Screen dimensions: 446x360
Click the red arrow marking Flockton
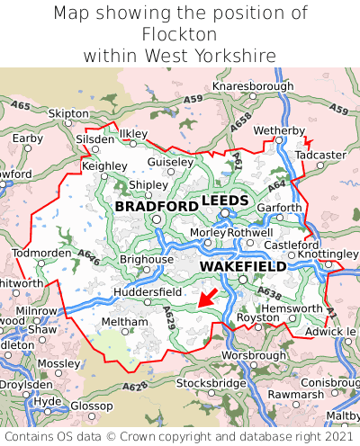click(207, 299)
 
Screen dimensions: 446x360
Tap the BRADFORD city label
click(157, 207)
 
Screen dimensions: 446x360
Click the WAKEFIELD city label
click(243, 267)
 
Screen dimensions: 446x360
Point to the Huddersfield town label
click(148, 292)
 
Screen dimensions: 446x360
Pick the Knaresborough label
click(253, 86)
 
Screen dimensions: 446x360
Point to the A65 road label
click(21, 106)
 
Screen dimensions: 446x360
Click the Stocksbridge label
click(211, 383)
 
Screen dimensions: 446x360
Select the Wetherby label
click(279, 131)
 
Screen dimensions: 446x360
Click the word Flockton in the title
click(180, 34)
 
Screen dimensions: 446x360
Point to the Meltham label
click(118, 321)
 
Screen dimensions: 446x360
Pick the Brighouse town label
click(146, 259)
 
